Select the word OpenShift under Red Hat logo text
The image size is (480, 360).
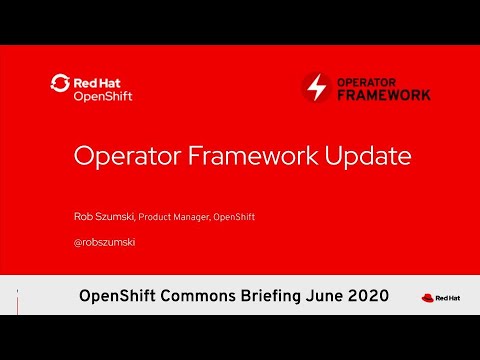pos(103,96)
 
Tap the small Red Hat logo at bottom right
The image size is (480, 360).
pos(436,297)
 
